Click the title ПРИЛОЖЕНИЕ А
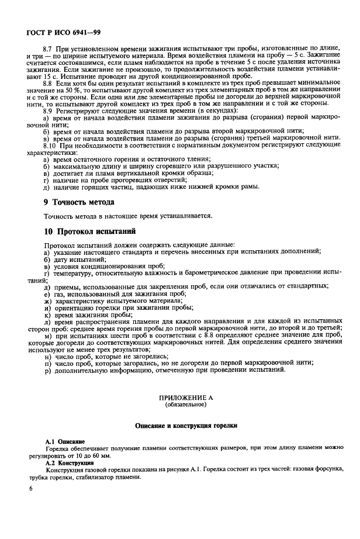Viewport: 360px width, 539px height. [x=185, y=397]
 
